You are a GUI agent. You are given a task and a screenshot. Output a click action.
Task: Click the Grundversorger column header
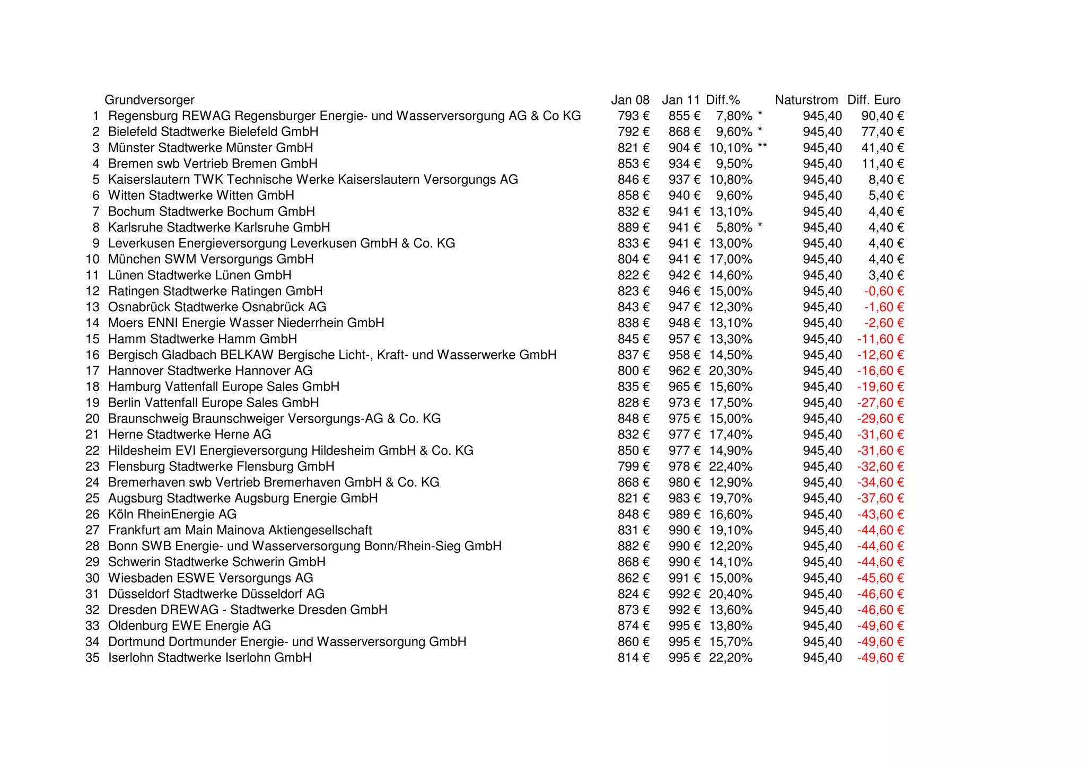149,100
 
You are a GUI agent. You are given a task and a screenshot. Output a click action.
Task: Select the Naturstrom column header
806,100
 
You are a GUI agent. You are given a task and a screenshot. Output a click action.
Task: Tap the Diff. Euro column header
873,100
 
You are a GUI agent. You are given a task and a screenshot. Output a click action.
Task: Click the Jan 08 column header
630,100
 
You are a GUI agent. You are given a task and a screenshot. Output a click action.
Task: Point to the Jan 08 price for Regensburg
633,116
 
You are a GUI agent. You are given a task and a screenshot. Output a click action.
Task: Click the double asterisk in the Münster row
762,147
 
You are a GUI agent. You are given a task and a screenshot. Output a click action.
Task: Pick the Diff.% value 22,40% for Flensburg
730,466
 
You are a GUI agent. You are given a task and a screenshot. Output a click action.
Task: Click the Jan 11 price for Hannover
684,371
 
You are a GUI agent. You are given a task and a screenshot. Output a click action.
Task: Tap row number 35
92,658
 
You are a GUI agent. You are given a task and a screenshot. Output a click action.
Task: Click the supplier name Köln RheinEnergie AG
172,514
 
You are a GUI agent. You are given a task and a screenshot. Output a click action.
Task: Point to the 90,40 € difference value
882,116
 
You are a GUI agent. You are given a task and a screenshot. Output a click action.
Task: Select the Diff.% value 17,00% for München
730,259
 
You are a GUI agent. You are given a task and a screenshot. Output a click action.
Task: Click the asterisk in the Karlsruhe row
760,226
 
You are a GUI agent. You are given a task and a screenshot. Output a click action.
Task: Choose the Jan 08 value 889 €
633,227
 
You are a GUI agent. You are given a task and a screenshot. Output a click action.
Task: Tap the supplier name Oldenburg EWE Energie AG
189,626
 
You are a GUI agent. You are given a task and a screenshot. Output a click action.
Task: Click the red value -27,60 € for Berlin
880,403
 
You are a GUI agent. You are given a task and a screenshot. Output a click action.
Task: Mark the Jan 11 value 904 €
684,148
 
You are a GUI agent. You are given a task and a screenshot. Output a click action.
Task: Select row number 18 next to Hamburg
92,387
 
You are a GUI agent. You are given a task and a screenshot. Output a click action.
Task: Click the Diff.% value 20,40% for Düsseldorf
730,594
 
